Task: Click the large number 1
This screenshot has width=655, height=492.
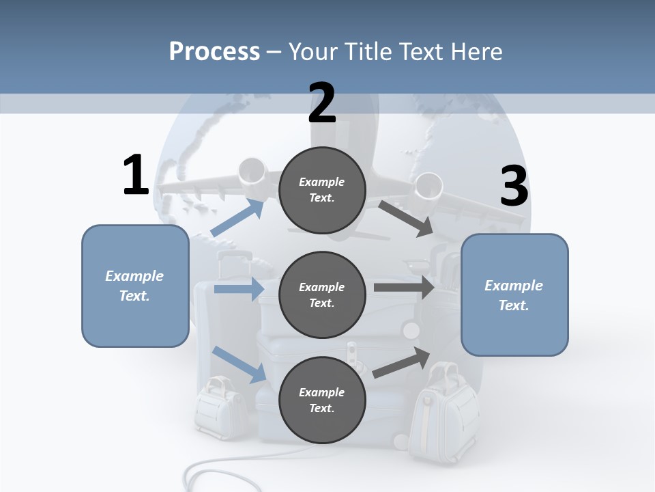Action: click(136, 176)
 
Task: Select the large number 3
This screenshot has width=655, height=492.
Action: click(514, 187)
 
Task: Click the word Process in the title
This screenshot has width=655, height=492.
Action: click(214, 51)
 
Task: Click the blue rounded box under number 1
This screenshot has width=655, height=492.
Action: click(135, 286)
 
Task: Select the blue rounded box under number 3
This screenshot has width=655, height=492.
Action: click(514, 295)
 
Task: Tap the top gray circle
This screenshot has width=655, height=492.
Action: click(322, 190)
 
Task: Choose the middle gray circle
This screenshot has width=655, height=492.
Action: click(322, 295)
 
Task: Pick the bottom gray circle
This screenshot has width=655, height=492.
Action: click(322, 400)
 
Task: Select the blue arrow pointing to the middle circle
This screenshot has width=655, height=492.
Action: click(239, 289)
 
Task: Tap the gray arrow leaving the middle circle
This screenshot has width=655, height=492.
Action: click(403, 287)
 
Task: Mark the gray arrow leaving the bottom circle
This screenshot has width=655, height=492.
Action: click(402, 362)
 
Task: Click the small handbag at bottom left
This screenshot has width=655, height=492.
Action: click(218, 407)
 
